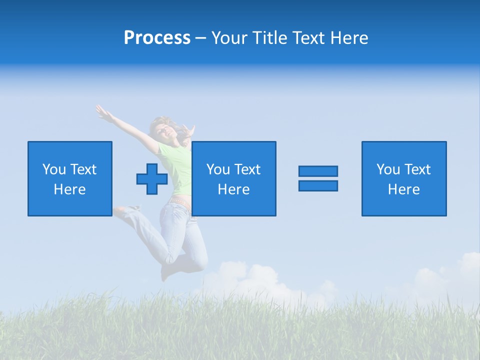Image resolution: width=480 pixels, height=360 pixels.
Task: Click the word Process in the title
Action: click(x=157, y=38)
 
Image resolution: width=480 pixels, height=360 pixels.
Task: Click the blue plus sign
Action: click(x=152, y=179)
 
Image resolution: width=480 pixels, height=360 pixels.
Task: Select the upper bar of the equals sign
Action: click(x=318, y=171)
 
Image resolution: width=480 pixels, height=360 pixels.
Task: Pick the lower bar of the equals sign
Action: click(x=318, y=185)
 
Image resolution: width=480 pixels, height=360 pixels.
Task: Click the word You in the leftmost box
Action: click(x=54, y=169)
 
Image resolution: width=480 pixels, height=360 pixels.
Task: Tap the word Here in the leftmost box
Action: click(x=69, y=189)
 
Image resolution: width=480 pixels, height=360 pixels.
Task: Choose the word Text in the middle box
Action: click(x=247, y=169)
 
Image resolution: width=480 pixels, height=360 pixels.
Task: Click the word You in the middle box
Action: click(x=218, y=169)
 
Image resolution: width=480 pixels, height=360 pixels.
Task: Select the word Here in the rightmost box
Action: click(x=403, y=189)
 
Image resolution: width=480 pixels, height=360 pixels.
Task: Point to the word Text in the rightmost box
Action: click(x=417, y=169)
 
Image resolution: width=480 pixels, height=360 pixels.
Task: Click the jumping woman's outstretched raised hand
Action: click(x=103, y=113)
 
